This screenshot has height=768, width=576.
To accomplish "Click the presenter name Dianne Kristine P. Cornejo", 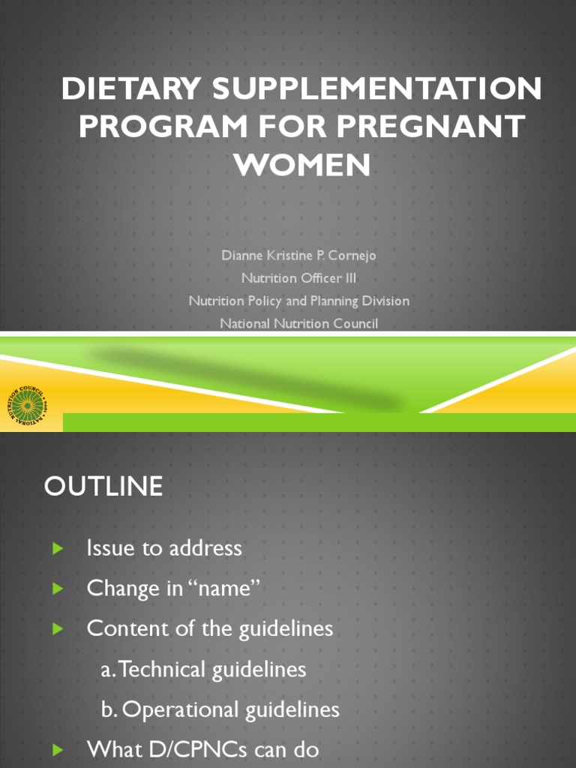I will [x=298, y=256].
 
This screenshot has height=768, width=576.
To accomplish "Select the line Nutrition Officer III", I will [x=298, y=278].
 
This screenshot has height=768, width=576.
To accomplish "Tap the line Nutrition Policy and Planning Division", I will [x=298, y=301].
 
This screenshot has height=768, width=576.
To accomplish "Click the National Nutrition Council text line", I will [x=298, y=323].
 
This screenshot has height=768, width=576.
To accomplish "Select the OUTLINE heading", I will [x=103, y=487].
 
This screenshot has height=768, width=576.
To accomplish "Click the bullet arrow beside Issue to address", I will [x=57, y=549].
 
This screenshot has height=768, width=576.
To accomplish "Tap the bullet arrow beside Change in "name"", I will [x=57, y=589].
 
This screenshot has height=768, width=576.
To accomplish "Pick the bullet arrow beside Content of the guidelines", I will [x=57, y=628].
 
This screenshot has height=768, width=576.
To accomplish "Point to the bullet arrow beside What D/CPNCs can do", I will [x=57, y=749].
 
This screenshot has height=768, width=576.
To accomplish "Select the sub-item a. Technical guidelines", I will [x=203, y=669].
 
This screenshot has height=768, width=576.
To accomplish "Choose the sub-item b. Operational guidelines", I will [x=220, y=709].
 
